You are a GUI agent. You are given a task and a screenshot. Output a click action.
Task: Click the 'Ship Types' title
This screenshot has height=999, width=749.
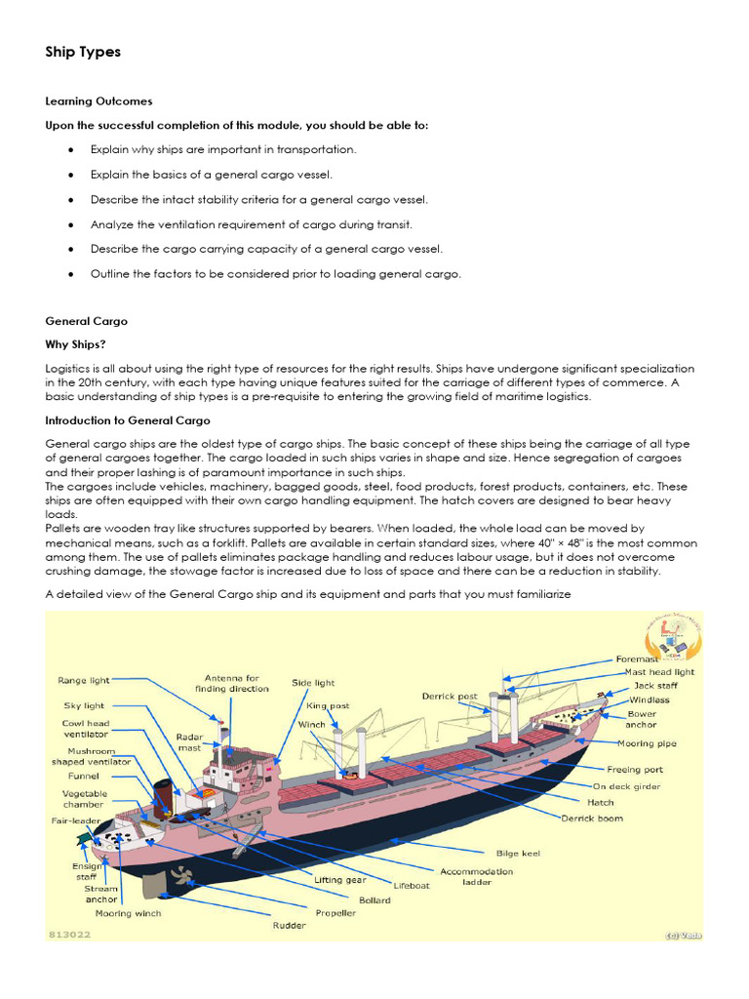83,52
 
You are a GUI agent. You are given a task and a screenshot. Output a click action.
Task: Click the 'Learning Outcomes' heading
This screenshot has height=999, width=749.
99,100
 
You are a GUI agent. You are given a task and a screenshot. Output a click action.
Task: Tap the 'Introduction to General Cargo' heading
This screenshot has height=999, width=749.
127,420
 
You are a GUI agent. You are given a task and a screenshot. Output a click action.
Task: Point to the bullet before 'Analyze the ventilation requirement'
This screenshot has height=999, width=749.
71,223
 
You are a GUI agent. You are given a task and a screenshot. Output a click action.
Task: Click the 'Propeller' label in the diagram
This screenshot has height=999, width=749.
335,913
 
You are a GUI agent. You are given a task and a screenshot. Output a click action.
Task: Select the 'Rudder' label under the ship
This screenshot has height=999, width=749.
289,926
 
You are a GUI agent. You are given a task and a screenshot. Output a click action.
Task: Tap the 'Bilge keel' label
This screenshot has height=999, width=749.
518,853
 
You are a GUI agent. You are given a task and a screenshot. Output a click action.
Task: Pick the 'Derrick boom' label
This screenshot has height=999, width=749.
592,819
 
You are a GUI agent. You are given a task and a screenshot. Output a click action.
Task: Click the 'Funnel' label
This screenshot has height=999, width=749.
84,776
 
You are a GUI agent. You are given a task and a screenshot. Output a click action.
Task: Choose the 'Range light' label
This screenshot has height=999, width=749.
84,679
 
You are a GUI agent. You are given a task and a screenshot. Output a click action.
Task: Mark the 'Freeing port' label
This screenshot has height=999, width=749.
636,769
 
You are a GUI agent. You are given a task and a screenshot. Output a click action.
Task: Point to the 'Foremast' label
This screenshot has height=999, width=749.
638,659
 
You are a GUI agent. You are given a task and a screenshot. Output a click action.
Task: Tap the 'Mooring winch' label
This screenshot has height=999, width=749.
128,914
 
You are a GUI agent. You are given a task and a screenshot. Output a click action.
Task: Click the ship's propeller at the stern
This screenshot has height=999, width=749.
179,874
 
